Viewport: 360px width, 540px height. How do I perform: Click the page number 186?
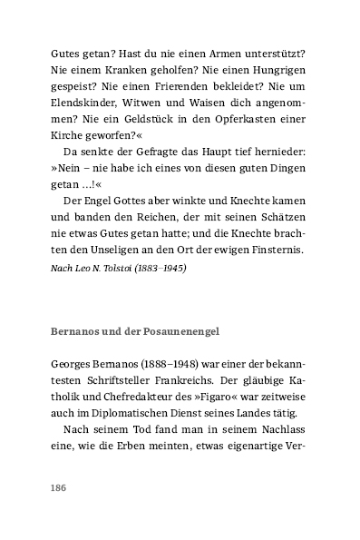59,487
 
